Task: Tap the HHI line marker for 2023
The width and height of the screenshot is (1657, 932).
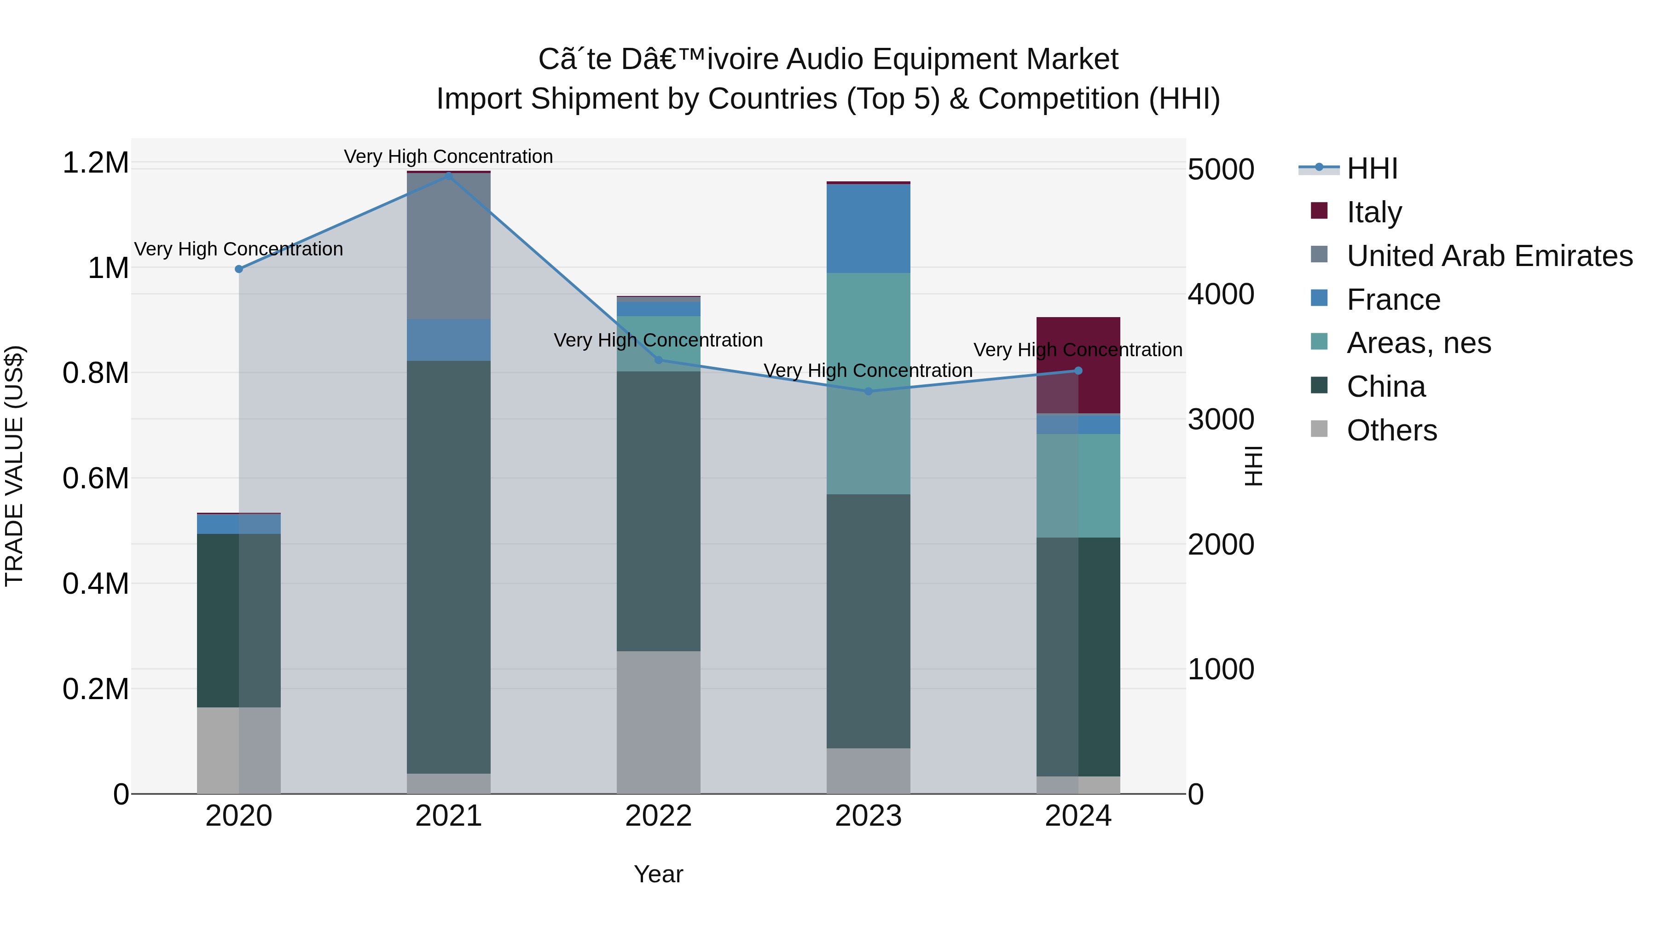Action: pos(869,391)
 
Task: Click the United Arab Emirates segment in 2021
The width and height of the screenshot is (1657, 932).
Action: pos(448,246)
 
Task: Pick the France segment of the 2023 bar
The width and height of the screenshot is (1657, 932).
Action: pos(869,228)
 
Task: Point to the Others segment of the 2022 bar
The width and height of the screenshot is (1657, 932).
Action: pos(658,722)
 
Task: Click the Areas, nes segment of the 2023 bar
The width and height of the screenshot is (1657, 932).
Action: pos(869,383)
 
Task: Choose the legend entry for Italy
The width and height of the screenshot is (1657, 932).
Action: pos(1374,212)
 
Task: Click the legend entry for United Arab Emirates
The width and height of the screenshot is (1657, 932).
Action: pos(1489,255)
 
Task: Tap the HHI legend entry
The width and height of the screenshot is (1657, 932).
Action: pos(1372,168)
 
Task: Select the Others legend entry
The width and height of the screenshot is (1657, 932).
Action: pos(1391,430)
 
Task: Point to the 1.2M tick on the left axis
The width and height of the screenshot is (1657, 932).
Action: pos(95,163)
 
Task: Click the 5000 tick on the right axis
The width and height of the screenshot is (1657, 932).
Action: pos(1220,169)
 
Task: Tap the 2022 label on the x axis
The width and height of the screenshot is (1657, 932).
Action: pos(658,816)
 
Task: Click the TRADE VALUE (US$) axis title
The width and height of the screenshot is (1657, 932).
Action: pos(14,466)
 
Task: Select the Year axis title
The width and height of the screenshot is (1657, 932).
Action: pos(658,874)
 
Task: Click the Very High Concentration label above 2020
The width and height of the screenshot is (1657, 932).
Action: pos(238,249)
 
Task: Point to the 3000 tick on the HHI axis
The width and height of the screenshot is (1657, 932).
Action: pos(1220,419)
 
